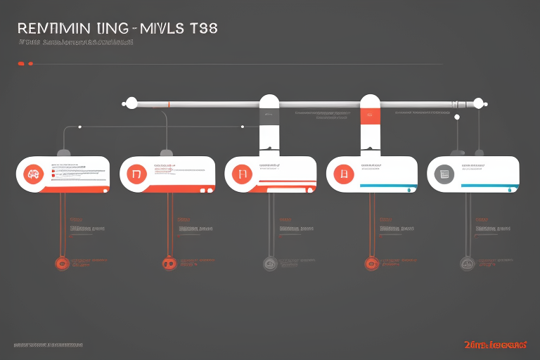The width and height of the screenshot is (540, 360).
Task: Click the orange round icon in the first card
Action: [32, 174]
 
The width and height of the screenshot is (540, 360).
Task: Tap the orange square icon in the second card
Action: [136, 174]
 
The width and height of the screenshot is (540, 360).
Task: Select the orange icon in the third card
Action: [240, 174]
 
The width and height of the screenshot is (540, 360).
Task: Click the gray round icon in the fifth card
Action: [444, 174]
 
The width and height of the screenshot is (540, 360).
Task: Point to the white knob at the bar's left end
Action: [129, 103]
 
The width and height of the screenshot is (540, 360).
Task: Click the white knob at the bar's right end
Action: [480, 103]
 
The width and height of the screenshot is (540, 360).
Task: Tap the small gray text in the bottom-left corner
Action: [47, 346]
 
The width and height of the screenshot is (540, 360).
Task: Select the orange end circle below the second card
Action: [168, 264]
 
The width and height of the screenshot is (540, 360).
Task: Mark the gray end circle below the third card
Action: [270, 264]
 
